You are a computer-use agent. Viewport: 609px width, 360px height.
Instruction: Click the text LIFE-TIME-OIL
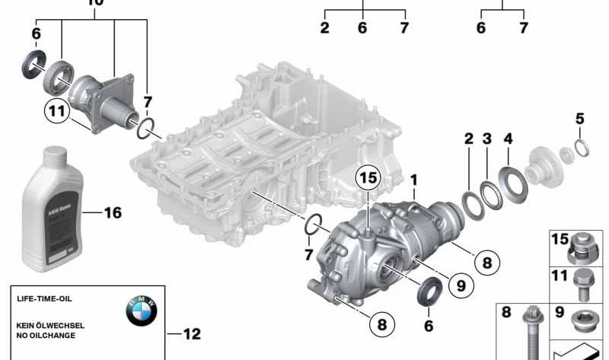(x=44, y=301)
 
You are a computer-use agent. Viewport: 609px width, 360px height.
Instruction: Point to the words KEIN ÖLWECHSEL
(x=50, y=325)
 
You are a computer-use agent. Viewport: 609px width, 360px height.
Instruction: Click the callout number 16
(x=112, y=213)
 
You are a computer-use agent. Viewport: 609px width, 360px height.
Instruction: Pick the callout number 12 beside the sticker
(x=191, y=333)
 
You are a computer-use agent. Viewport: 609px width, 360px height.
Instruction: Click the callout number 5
(x=580, y=119)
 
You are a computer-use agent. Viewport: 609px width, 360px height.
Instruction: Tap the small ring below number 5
(x=580, y=148)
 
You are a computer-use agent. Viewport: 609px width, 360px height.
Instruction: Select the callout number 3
(x=488, y=139)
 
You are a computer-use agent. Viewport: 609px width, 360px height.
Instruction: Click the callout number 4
(x=509, y=139)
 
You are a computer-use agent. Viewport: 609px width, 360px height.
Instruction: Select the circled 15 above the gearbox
(x=368, y=178)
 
